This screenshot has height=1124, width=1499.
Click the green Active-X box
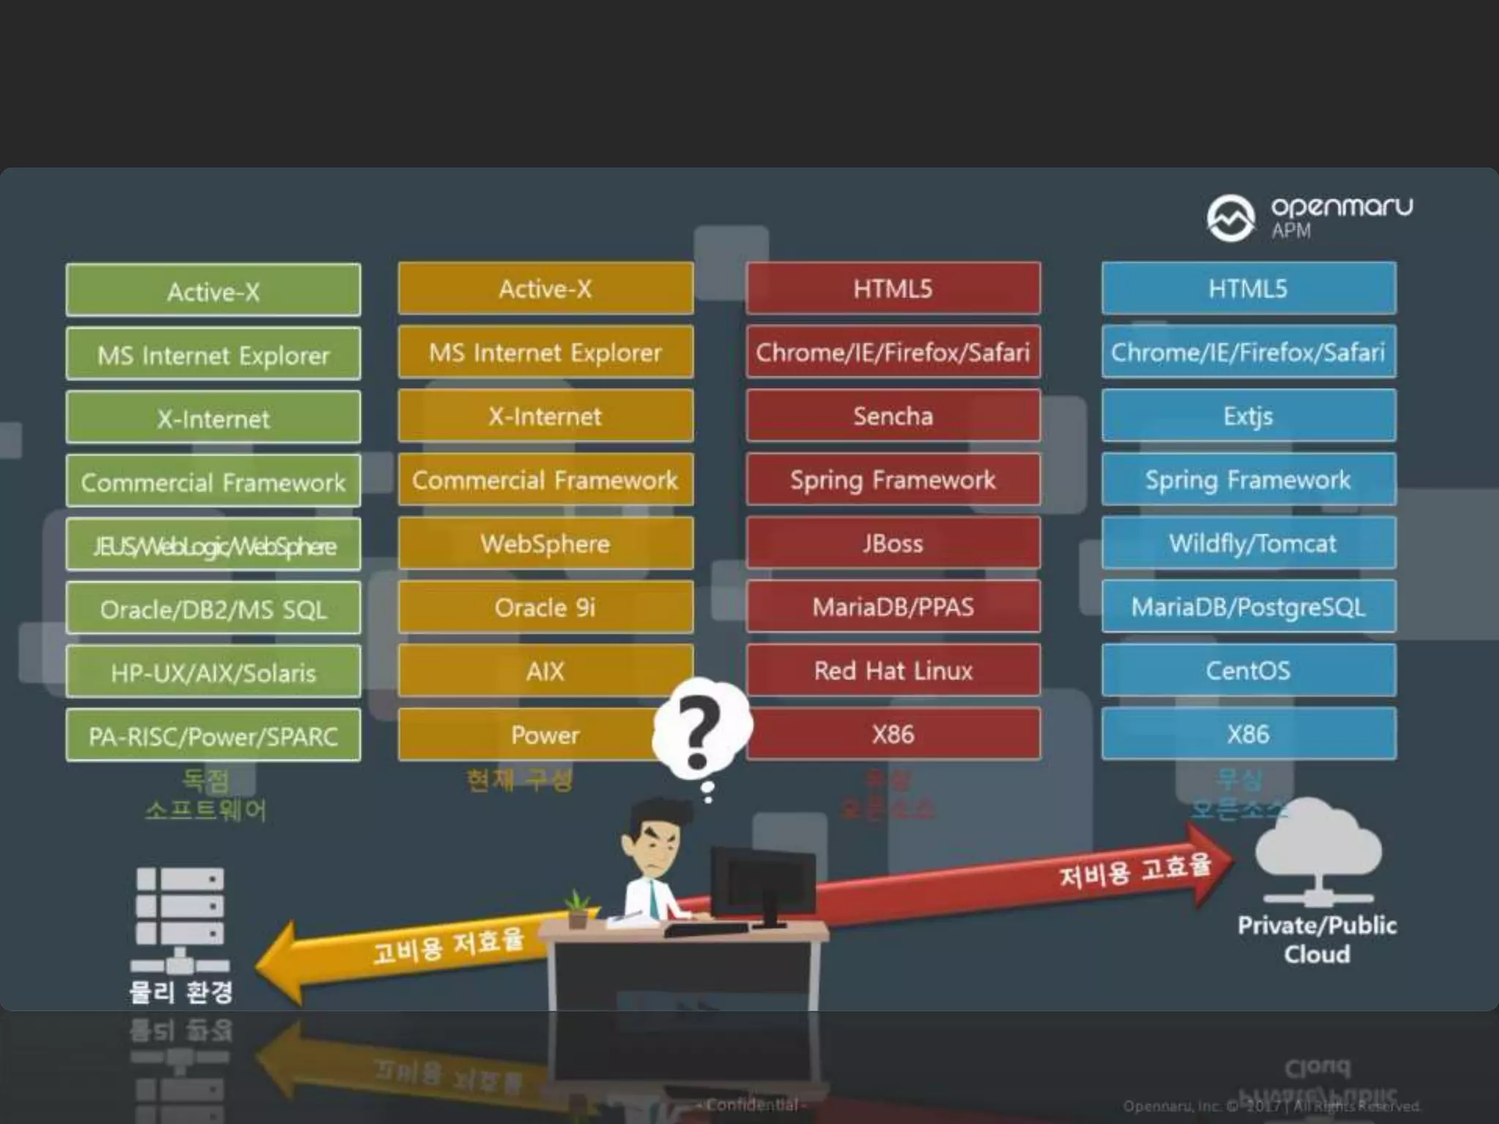pyautogui.click(x=213, y=291)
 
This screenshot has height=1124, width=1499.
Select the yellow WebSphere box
pyautogui.click(x=545, y=544)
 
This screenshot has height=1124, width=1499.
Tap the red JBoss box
pyautogui.click(x=893, y=544)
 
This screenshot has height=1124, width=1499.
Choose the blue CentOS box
pyautogui.click(x=1249, y=670)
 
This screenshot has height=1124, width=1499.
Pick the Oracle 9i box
pyautogui.click(x=545, y=607)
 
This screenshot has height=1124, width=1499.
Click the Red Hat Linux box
pyautogui.click(x=893, y=670)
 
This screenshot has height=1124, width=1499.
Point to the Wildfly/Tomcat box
pyautogui.click(x=1249, y=544)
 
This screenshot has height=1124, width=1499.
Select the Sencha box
pyautogui.click(x=893, y=416)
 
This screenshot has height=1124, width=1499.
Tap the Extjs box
pyautogui.click(x=1249, y=416)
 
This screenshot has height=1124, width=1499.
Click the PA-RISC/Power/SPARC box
pyautogui.click(x=213, y=735)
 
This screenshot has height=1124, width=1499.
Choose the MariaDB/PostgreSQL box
pyautogui.click(x=1249, y=607)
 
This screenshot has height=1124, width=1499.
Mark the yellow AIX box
pyautogui.click(x=545, y=671)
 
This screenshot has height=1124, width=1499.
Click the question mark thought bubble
pyautogui.click(x=700, y=732)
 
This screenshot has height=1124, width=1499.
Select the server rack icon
pyautogui.click(x=180, y=918)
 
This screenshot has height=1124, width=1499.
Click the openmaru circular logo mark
pyautogui.click(x=1230, y=217)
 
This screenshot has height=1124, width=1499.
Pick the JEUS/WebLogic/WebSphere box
pyautogui.click(x=213, y=545)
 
